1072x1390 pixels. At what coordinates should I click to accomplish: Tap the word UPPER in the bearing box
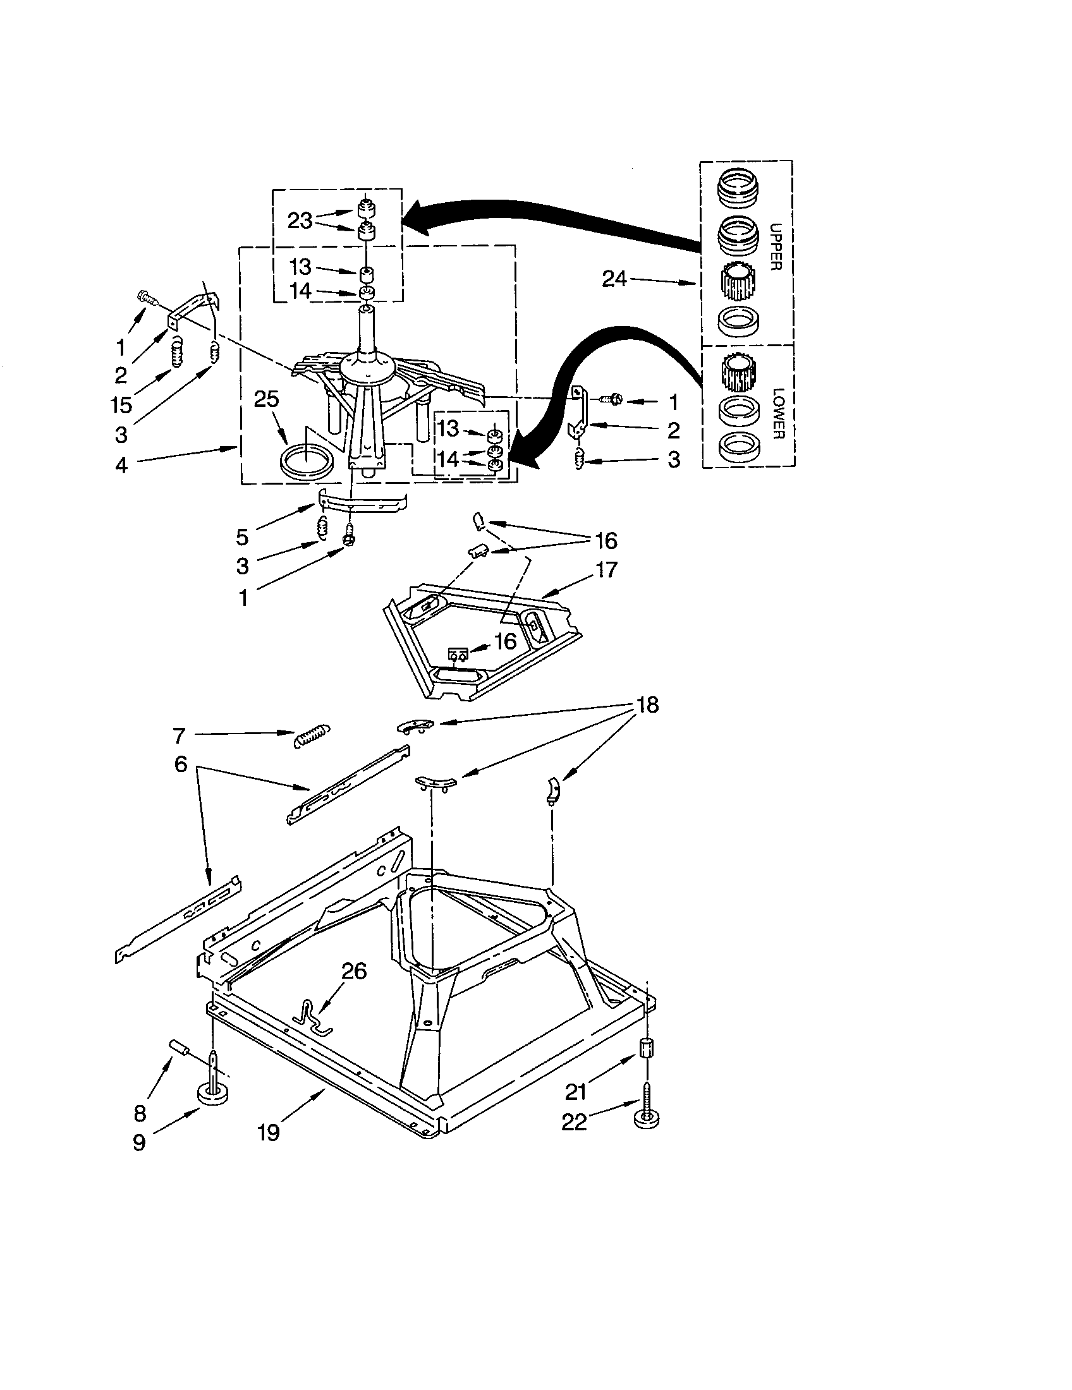coord(775,246)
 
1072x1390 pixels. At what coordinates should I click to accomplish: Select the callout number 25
coord(266,399)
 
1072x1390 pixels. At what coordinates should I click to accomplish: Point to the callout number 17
coord(606,569)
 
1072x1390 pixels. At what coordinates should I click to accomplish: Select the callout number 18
coord(647,705)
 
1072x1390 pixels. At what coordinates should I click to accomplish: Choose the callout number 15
coord(121,404)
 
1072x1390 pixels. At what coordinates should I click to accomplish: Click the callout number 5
coord(242,537)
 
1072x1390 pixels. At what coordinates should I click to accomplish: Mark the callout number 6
coord(181,764)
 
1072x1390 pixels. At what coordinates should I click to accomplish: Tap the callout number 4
coord(121,465)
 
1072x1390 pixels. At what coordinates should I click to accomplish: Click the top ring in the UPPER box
coord(738,188)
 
